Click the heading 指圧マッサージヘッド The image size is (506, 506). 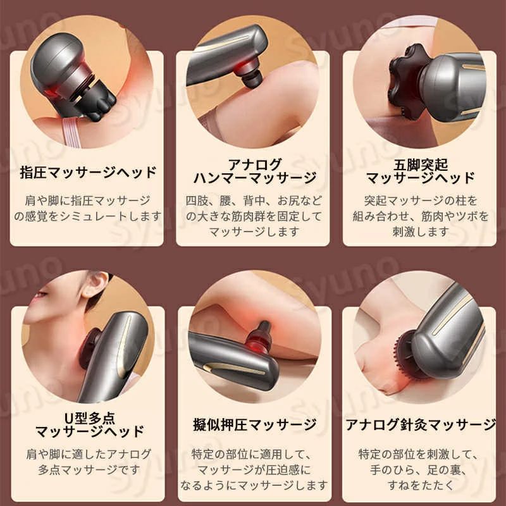(88, 172)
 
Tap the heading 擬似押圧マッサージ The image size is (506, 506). (255, 424)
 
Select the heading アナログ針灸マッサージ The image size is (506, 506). (421, 424)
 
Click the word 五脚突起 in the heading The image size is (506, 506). (421, 165)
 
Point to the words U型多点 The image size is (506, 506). (89, 418)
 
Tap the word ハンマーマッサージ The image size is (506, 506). (255, 178)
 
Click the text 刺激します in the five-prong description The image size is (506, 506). (421, 231)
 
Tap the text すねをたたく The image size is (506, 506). (421, 484)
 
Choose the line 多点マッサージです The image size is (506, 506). (89, 469)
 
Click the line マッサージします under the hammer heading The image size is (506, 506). (255, 231)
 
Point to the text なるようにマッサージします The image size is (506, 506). (255, 484)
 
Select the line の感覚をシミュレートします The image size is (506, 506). (88, 216)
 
